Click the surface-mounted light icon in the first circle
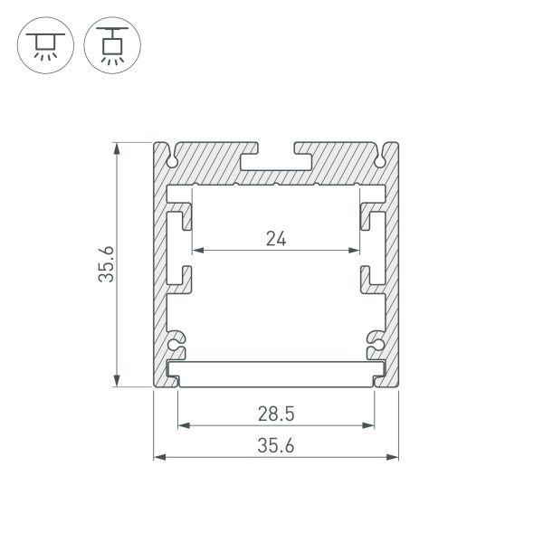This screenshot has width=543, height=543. point(42,46)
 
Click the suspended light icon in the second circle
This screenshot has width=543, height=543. point(111,46)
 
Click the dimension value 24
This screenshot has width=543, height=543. point(277,239)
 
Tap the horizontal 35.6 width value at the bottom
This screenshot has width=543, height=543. point(277,445)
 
